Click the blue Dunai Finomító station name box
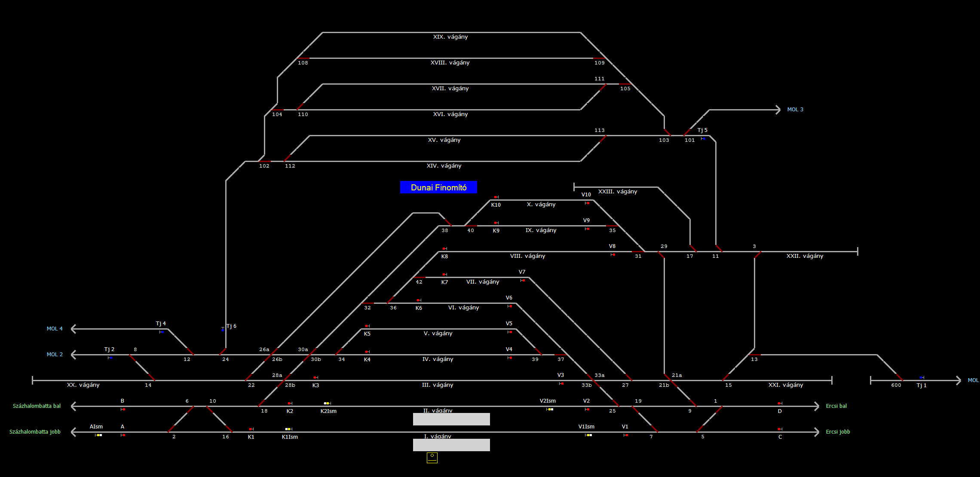[438, 187]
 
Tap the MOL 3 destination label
[795, 110]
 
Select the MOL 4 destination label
[55, 329]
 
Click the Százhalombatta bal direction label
[37, 406]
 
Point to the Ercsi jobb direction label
[838, 432]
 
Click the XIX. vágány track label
[450, 37]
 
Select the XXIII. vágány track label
[618, 192]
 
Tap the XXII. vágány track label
[805, 256]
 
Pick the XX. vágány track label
[83, 385]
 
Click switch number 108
[303, 63]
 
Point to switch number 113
[600, 130]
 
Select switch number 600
[896, 385]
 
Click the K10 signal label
[496, 205]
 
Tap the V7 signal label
[522, 272]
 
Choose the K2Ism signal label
[328, 411]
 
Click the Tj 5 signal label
[702, 130]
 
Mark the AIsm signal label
[96, 427]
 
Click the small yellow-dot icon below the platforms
[432, 458]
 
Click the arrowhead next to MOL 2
[73, 355]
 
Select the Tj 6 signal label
[231, 326]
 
